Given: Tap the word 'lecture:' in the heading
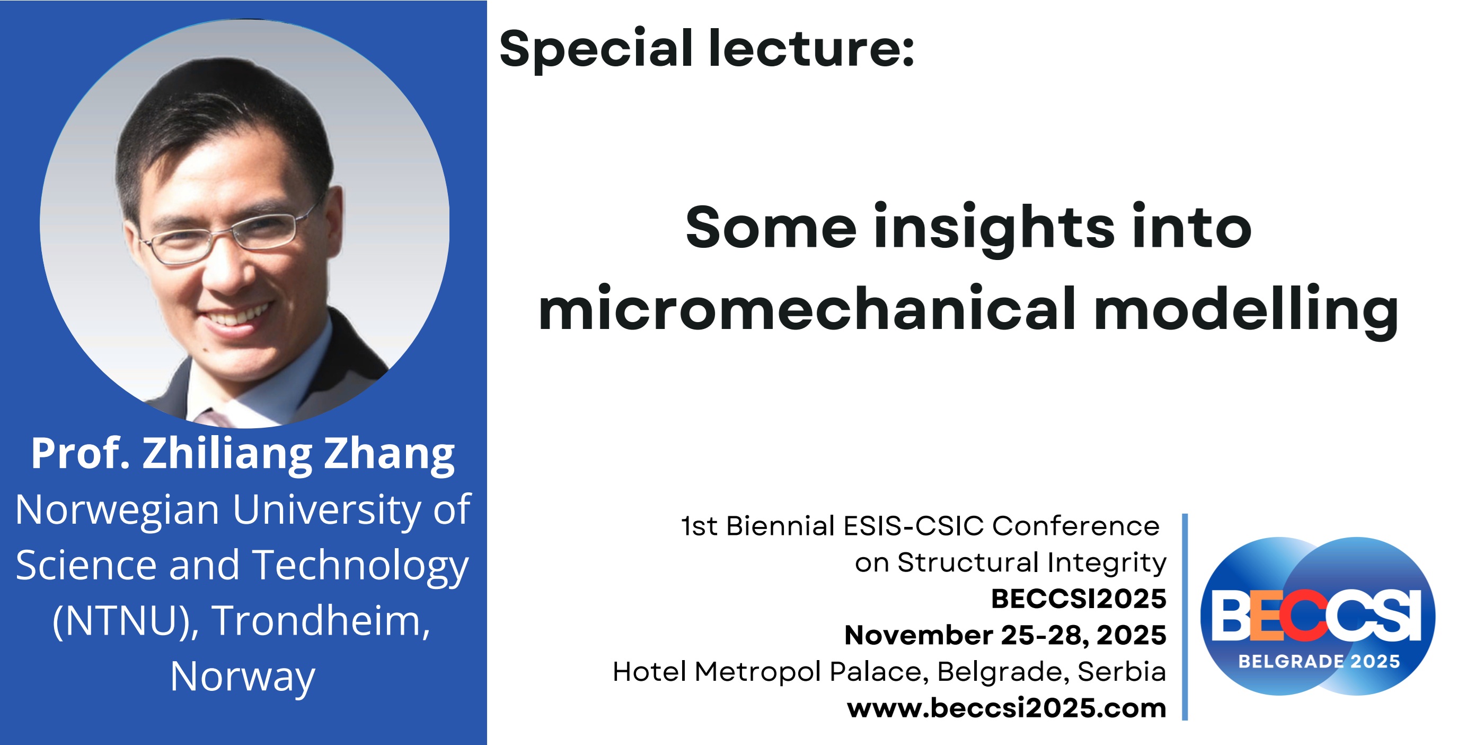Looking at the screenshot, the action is point(811,48).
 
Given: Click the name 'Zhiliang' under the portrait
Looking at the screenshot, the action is point(227,454).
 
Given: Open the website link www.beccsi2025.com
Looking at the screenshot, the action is point(1006,708).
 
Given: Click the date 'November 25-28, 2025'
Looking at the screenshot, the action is point(1005,635).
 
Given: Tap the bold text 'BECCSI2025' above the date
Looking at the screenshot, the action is point(1078,599).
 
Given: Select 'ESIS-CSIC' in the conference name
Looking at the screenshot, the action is point(914,526).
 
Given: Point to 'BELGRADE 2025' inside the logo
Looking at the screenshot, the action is point(1319,661).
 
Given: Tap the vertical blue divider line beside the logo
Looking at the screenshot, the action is point(1185,617).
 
